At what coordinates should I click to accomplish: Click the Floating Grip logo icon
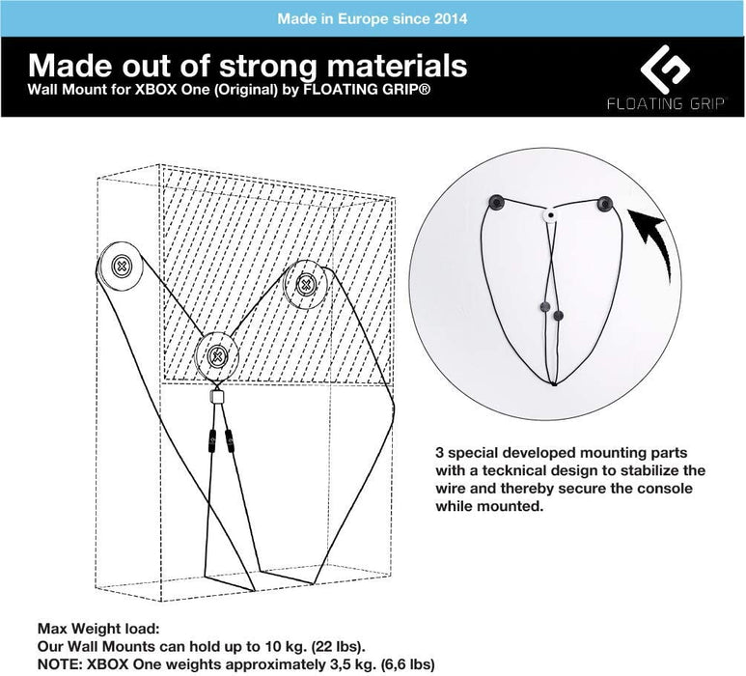665,70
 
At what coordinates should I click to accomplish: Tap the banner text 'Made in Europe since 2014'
373,18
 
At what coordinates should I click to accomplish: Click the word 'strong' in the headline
269,66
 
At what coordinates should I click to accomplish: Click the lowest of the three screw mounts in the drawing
217,355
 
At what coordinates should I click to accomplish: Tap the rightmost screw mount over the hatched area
305,285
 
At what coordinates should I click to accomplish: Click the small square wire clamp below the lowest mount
216,396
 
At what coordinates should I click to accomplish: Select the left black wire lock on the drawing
211,440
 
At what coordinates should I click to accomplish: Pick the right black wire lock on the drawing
230,440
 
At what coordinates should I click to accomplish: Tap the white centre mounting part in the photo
550,215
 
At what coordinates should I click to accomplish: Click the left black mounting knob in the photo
497,202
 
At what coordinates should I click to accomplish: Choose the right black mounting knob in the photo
605,204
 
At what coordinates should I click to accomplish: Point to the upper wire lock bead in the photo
545,306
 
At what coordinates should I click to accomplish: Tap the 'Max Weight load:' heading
98,629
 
